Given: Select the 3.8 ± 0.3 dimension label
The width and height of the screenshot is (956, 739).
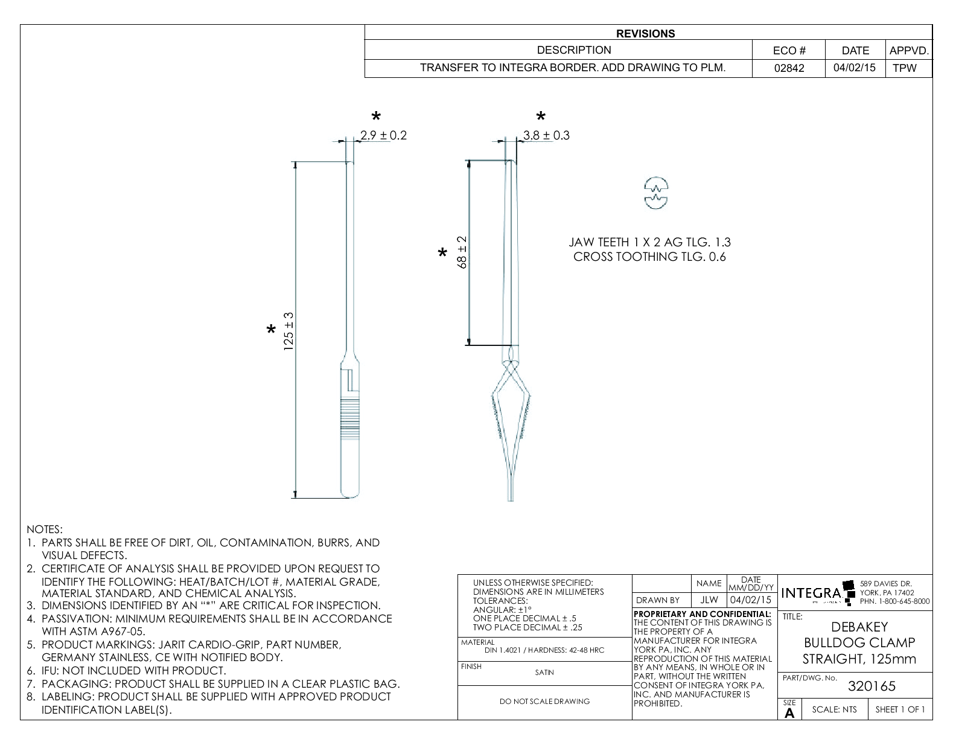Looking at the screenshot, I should pyautogui.click(x=546, y=135).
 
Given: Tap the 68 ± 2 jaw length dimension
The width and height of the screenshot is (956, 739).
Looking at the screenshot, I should pyautogui.click(x=462, y=252).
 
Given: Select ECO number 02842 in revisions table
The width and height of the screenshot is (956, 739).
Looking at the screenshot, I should pyautogui.click(x=789, y=68).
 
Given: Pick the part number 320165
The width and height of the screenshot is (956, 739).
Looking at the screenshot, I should pyautogui.click(x=872, y=686).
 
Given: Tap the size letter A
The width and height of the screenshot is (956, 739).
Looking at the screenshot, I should pyautogui.click(x=789, y=713).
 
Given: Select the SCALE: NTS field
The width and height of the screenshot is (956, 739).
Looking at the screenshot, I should pyautogui.click(x=834, y=709).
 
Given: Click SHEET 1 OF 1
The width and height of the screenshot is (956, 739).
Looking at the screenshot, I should pyautogui.click(x=900, y=709).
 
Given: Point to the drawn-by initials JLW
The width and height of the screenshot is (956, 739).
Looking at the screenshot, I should pyautogui.click(x=709, y=600).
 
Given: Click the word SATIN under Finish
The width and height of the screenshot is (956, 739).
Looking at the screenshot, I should pyautogui.click(x=544, y=672).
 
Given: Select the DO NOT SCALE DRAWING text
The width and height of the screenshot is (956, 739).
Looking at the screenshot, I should pyautogui.click(x=544, y=701).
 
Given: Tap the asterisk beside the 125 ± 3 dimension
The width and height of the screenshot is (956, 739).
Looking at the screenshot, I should pyautogui.click(x=272, y=330).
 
